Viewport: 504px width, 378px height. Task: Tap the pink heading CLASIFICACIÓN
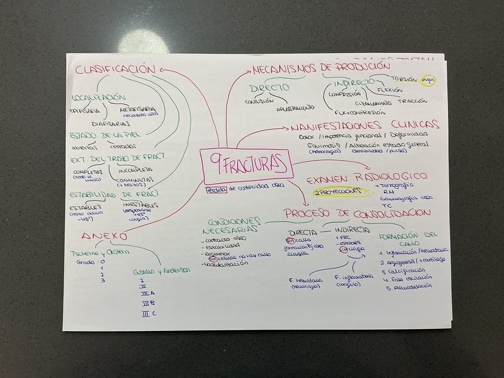click(x=115, y=70)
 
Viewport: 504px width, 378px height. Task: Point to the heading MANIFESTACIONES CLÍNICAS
click(x=365, y=126)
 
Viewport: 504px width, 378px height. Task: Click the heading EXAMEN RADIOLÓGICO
click(x=367, y=177)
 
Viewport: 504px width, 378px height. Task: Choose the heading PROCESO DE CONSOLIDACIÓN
click(x=357, y=213)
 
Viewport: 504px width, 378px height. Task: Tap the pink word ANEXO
click(x=104, y=235)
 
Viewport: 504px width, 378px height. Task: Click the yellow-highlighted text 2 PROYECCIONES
click(x=337, y=192)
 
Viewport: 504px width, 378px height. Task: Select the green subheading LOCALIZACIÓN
click(x=99, y=97)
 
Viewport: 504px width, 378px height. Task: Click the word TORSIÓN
click(x=404, y=78)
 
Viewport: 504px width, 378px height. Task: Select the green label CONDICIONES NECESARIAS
click(x=231, y=224)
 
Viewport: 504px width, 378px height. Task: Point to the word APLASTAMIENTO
click(x=295, y=108)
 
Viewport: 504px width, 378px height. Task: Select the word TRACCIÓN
click(x=412, y=101)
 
